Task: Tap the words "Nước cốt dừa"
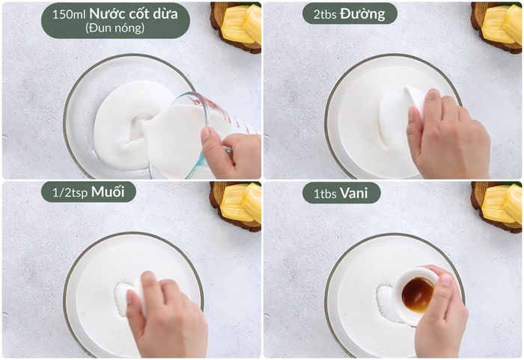133,13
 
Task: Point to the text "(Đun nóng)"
115,28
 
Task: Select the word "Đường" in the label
362,13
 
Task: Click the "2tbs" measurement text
324,15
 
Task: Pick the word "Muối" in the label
108,192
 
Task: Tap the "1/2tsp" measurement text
70,193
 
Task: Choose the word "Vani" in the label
354,193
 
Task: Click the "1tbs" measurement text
324,194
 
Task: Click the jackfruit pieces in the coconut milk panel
241,24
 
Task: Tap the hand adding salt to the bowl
167,317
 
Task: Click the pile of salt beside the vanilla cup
388,302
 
